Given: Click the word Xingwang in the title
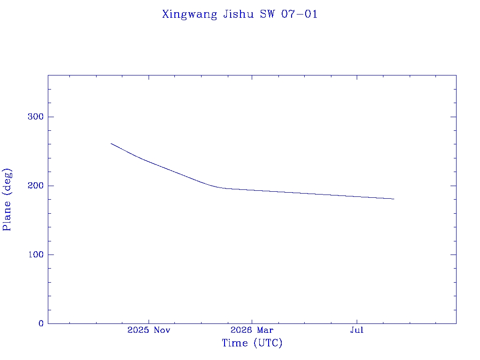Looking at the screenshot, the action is (189, 15).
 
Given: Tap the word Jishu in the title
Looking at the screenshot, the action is (239, 14).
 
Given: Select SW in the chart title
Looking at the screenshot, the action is (268, 14).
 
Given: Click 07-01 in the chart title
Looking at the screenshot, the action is (299, 14).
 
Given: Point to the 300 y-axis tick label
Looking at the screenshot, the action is (36, 117).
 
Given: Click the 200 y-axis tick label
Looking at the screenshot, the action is (36, 186).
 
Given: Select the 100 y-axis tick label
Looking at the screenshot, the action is (36, 255).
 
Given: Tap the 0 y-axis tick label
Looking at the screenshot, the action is (41, 323).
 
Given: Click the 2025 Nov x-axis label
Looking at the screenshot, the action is (149, 330).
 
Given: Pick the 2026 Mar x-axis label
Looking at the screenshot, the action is (252, 330).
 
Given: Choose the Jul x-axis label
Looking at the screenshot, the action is (357, 330).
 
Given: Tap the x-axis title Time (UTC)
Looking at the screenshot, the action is (252, 343).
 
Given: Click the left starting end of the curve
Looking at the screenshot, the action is (111, 143).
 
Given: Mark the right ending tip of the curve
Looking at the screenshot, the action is (394, 199).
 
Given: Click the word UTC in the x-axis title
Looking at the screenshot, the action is (268, 343).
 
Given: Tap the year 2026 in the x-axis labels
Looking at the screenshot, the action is (241, 330).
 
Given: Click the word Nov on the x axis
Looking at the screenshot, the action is (162, 330).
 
